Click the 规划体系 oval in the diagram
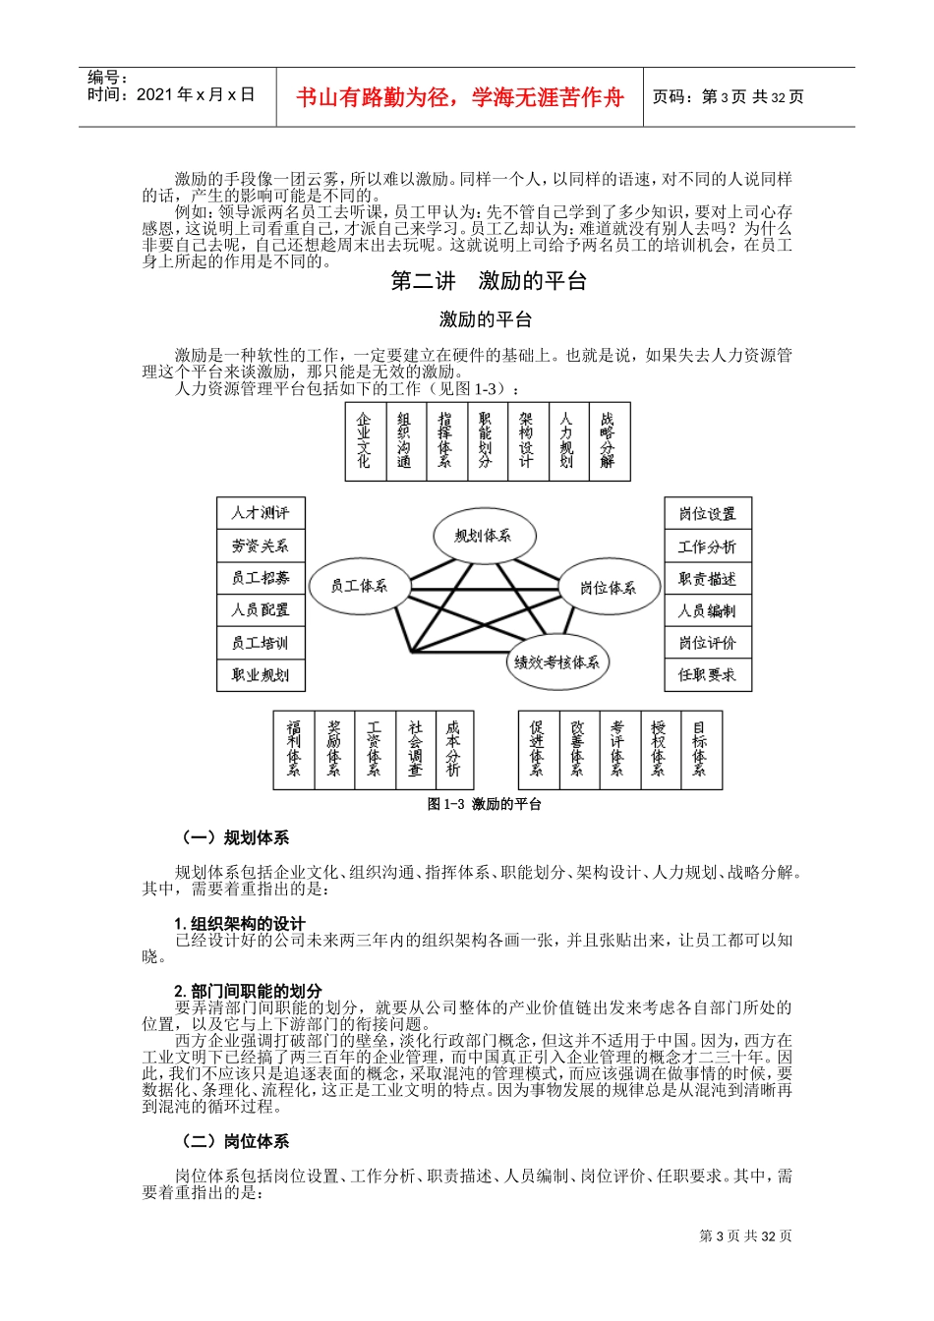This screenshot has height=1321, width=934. pos(484,536)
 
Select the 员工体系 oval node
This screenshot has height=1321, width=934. pos(359,586)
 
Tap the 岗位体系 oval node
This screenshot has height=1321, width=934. pos(608,588)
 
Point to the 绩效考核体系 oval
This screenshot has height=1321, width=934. pos(556,662)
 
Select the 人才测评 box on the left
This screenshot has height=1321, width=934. pos(261,513)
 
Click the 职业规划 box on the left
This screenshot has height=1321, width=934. pos(261,675)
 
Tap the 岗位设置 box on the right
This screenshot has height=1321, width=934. pos(707,513)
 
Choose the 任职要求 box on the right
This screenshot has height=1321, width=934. pos(707,675)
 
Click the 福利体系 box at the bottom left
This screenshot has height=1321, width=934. pos(294,750)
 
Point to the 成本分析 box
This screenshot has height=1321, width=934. pos(453,750)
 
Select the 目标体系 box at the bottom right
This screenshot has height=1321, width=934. pos(700,750)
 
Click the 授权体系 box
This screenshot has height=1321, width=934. pos(659,750)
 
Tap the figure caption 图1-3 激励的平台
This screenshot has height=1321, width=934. pos(485,804)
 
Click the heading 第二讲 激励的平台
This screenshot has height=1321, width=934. pos(489,281)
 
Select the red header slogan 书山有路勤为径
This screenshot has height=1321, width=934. pos(460,97)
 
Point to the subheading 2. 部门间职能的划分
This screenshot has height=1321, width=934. pos(248,991)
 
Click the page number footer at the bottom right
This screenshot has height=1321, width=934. pos(745,1236)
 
